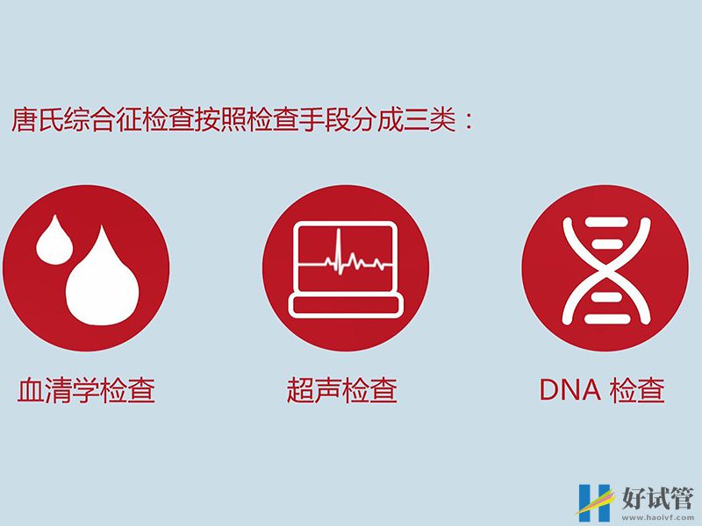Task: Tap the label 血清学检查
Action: [86, 390]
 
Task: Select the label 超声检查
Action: [341, 390]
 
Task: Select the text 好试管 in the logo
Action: [656, 495]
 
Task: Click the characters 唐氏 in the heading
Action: [34, 120]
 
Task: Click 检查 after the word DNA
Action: [636, 390]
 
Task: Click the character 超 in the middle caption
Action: [300, 390]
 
